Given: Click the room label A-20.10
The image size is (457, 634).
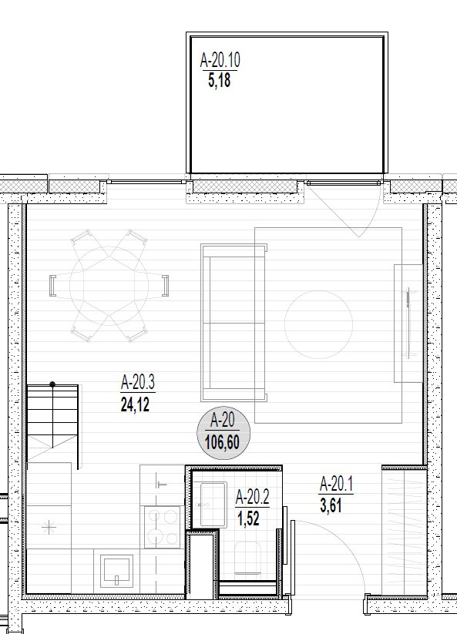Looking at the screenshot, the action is point(220,60).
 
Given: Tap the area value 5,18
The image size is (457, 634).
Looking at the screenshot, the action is point(219,80).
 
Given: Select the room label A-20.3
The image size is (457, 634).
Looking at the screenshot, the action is point(138,383).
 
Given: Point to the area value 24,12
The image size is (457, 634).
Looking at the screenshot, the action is point(135,404).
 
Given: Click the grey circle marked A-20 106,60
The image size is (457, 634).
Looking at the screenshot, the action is point(223,433).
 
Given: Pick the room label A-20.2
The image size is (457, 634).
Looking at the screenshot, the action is point(252,498).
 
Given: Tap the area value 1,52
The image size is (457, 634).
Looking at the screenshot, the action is point(248,518).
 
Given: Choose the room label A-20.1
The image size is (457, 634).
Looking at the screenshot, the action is point(337,484).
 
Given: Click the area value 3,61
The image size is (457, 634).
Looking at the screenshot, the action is point(331,505).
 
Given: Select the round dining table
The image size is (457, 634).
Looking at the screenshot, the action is point(109,286).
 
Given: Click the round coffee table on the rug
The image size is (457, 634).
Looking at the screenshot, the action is point(318,324).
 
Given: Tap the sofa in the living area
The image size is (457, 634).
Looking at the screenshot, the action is point(234,323).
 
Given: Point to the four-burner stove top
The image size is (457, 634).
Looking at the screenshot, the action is point(163,527).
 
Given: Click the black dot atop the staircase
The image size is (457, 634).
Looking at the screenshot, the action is point(52,384).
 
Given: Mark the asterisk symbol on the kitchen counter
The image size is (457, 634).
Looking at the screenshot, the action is point(49,527).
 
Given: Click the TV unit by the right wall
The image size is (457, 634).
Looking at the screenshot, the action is point(408,323).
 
